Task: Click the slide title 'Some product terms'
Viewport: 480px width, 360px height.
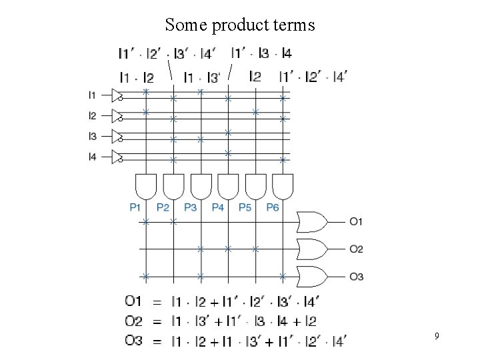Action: click(x=239, y=25)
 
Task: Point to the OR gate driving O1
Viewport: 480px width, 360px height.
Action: click(x=313, y=221)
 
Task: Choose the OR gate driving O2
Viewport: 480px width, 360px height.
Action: click(x=313, y=249)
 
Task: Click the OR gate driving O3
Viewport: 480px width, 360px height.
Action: click(x=313, y=276)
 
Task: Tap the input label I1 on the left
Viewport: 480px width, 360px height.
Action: click(x=92, y=95)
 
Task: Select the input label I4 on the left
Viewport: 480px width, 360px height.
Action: click(x=92, y=157)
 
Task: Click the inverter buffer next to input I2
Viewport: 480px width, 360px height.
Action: click(x=117, y=116)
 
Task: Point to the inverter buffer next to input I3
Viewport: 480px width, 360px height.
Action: click(x=117, y=137)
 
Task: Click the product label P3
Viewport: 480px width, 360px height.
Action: click(x=190, y=208)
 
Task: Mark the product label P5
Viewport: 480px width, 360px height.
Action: click(x=245, y=208)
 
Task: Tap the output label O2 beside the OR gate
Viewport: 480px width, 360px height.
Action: click(x=356, y=249)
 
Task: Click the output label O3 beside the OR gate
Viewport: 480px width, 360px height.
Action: click(x=356, y=277)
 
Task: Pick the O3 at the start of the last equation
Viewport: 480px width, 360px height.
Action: click(x=133, y=341)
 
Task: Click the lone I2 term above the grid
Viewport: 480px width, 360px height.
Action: click(x=255, y=77)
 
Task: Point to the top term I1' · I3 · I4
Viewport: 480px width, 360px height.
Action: click(x=261, y=53)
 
